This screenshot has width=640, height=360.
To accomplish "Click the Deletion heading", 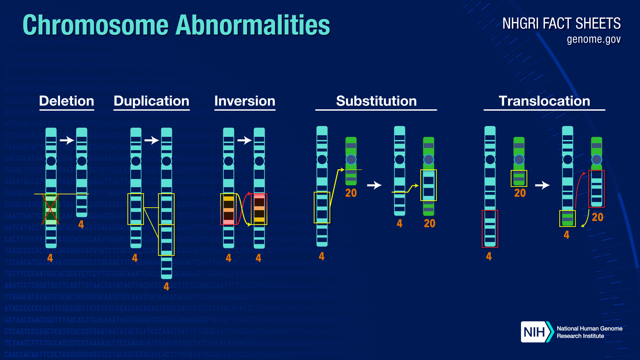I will click(66, 101).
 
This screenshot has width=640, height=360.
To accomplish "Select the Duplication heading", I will click(151, 101).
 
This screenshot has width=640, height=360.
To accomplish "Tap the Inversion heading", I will click(245, 101).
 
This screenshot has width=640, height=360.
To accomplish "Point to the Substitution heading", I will click(376, 101).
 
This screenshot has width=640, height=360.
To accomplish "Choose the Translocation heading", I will click(544, 101).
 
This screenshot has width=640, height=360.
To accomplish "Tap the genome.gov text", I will click(594, 39).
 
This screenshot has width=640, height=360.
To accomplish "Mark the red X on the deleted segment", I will click(50, 209).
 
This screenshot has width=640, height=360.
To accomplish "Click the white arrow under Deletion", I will click(67, 140).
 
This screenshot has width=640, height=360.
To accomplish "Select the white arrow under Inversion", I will click(244, 140).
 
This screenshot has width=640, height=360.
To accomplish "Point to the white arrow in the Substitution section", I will click(374, 185).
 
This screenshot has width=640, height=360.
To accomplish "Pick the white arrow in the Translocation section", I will click(542, 185).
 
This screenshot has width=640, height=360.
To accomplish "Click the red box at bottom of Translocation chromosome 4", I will click(490, 229).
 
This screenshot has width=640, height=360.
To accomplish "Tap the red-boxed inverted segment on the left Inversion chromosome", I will click(229, 209).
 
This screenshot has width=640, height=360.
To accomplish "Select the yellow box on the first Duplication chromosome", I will click(136, 209).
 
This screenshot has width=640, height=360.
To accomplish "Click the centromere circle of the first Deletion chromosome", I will click(51, 161).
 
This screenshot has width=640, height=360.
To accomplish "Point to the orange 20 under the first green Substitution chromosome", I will click(351, 193).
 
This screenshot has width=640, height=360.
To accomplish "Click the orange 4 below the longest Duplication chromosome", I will click(166, 286).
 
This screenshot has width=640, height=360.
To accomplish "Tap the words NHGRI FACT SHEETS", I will click(561, 24).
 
